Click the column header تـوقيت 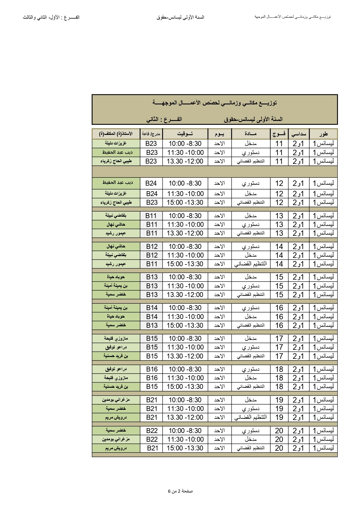click(185, 134)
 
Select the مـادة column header click(250, 134)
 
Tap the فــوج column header click(279, 134)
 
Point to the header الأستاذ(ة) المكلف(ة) click(116, 134)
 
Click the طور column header click(323, 134)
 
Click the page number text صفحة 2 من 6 click(180, 491)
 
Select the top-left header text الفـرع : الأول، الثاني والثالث click(51, 17)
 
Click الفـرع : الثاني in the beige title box click(164, 119)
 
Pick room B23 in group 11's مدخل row click(151, 144)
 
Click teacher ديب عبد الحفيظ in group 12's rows click(117, 183)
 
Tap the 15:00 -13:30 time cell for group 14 click(185, 264)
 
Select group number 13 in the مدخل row click(279, 216)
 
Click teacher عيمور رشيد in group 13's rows click(116, 233)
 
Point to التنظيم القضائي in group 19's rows click(250, 417)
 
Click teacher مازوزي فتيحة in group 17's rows click(116, 338)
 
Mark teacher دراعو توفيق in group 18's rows click(116, 369)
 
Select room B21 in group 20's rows click(152, 448)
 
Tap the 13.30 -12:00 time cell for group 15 click(185, 295)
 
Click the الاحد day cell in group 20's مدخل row click(219, 439)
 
